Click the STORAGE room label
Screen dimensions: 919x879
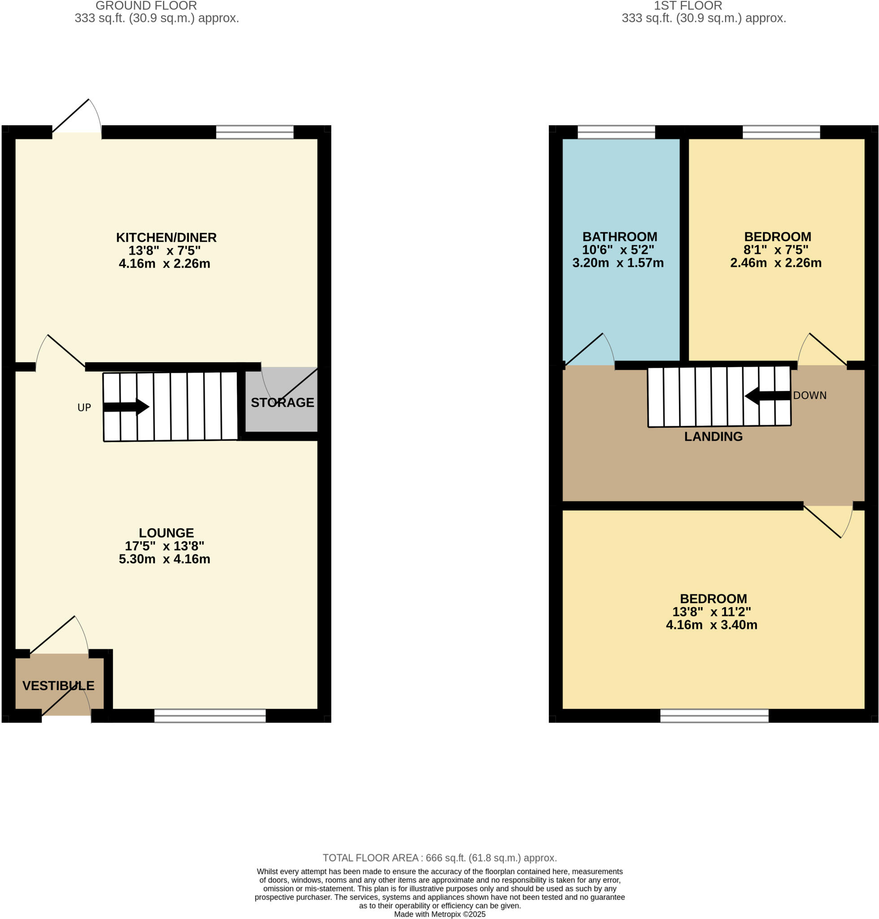(x=282, y=402)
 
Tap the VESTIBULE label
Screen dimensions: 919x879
(x=59, y=686)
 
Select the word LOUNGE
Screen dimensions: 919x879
(x=166, y=532)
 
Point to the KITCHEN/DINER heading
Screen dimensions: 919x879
(x=166, y=237)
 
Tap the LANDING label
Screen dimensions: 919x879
(x=713, y=436)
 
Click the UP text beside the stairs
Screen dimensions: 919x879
(x=84, y=408)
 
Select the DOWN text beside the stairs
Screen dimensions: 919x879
(x=809, y=395)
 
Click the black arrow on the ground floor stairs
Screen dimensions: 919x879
(x=126, y=407)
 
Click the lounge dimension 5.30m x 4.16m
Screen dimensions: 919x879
(x=165, y=559)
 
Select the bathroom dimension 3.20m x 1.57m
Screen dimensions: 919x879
(x=617, y=263)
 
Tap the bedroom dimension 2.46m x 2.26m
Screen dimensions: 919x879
(x=775, y=263)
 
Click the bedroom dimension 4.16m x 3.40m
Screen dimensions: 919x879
(x=711, y=625)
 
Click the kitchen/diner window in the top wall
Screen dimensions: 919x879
(x=254, y=132)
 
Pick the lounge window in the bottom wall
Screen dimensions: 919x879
(x=210, y=716)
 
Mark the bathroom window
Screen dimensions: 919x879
(x=616, y=132)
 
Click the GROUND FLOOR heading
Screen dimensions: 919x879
(x=146, y=6)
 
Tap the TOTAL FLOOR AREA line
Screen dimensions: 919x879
(x=440, y=858)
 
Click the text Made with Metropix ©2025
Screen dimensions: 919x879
(x=440, y=914)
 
